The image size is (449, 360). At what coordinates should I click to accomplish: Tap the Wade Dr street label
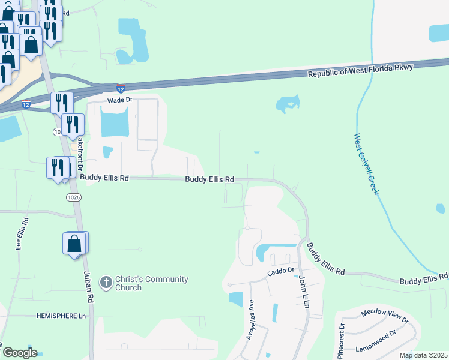[119, 101]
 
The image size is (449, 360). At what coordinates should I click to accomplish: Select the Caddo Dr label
[281, 271]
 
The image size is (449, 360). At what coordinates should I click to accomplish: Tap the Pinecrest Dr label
[341, 341]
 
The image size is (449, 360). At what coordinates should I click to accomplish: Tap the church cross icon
[106, 282]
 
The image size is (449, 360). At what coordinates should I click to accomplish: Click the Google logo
[19, 353]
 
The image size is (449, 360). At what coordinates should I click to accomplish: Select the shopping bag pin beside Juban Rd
[74, 244]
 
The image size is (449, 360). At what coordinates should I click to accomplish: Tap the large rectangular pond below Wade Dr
[114, 125]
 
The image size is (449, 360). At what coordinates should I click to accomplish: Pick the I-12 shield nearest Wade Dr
[121, 88]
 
